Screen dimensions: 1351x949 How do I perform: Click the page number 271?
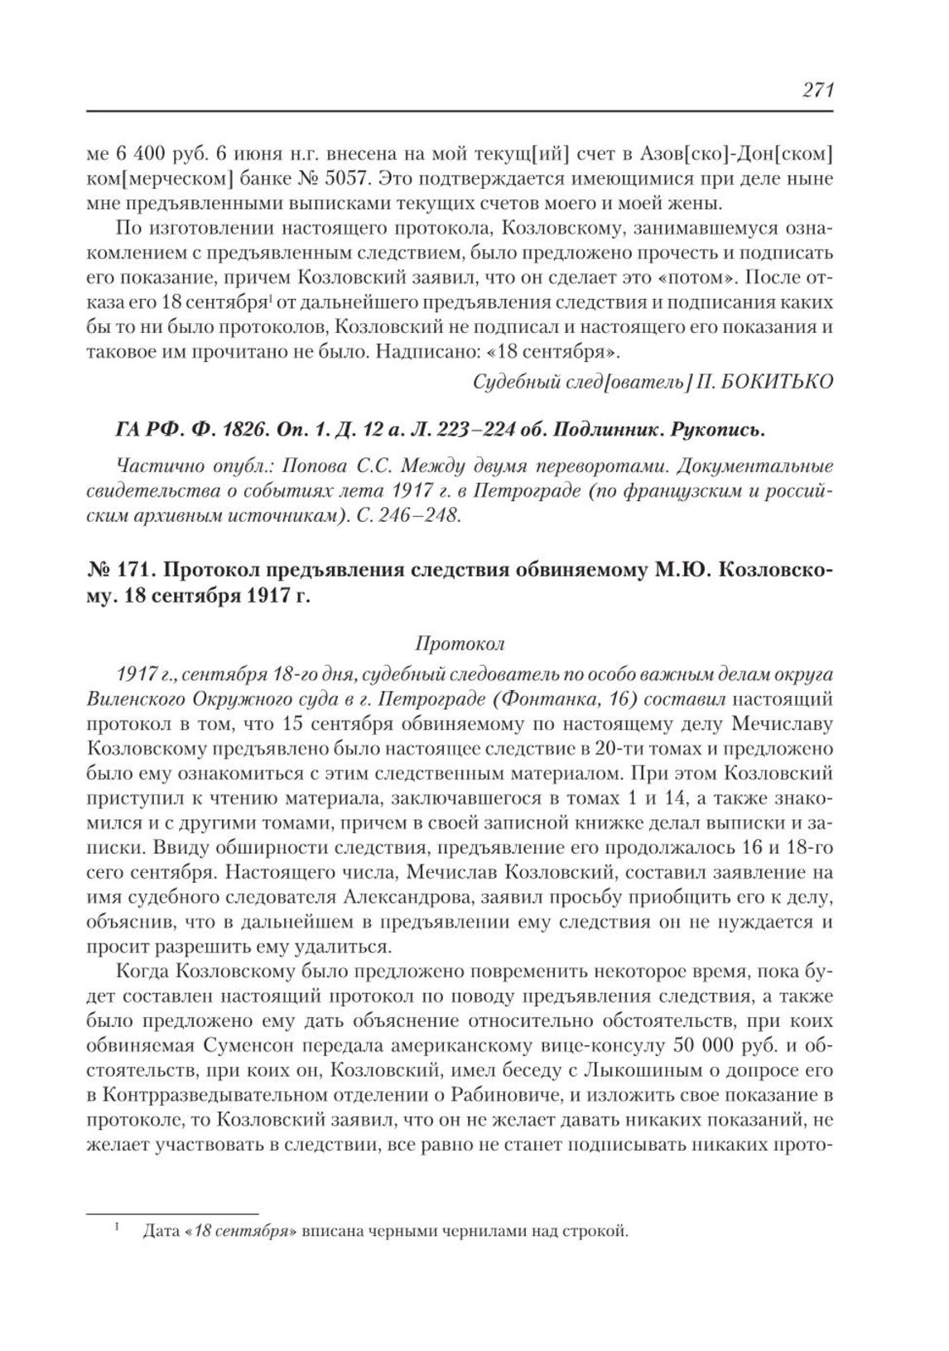(817, 90)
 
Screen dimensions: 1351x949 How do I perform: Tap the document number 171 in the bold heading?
(131, 571)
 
